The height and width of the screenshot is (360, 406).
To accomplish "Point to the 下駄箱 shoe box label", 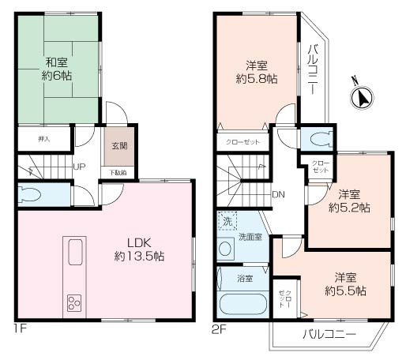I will click(x=116, y=172).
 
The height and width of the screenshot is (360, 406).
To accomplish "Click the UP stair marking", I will click(x=80, y=167).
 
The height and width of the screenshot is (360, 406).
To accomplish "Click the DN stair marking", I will click(x=278, y=194).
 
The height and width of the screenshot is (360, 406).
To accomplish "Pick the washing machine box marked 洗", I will click(x=227, y=223).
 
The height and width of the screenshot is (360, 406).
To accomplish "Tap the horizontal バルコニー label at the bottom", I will click(x=329, y=334).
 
